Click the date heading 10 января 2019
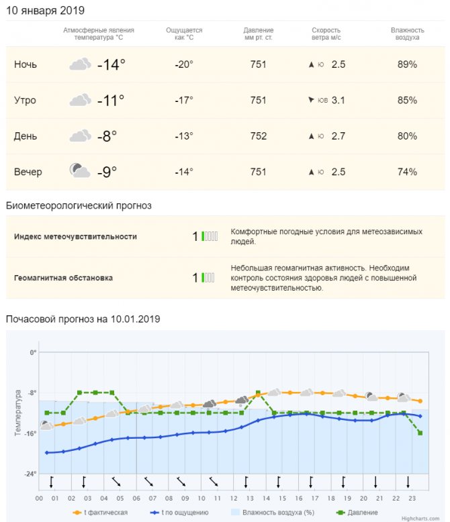[45, 11]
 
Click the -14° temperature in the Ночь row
[111, 65]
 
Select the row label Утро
[25, 101]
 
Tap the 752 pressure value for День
[258, 136]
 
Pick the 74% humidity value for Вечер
[407, 172]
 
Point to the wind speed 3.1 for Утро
[339, 101]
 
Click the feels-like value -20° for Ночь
[183, 65]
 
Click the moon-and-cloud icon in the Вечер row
[80, 170]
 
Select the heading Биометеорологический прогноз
[79, 205]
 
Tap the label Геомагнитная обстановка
[63, 278]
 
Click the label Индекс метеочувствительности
[75, 237]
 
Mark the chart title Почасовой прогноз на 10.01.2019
[83, 319]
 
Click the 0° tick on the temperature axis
[32, 353]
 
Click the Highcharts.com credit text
[422, 518]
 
